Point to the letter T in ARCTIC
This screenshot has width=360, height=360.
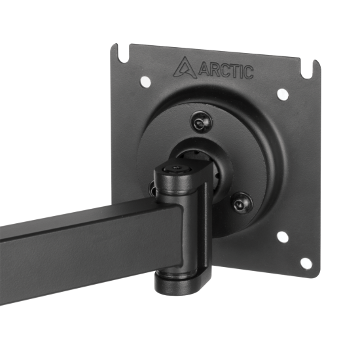tap(230, 69)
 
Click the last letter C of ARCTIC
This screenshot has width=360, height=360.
tap(247, 72)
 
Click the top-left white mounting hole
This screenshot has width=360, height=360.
tap(145, 82)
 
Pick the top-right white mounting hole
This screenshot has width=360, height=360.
tap(282, 94)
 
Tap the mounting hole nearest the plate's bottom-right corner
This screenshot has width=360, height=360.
tap(306, 262)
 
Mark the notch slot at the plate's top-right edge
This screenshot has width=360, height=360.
tap(316, 67)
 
